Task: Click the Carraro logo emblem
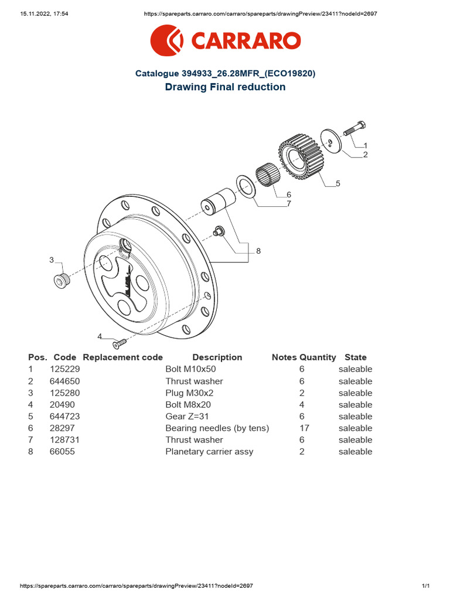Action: (166, 41)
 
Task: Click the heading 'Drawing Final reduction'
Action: (225, 87)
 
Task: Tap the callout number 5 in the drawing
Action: (337, 184)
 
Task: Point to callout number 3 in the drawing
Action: (52, 260)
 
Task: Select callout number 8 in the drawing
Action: (258, 251)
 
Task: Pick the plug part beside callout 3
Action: (60, 281)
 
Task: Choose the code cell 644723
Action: (64, 417)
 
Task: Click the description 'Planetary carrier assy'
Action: (209, 452)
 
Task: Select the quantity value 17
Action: (304, 428)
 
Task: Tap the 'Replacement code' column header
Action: (123, 357)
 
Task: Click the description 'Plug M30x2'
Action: (190, 393)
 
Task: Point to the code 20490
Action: (62, 405)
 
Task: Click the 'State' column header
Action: (355, 357)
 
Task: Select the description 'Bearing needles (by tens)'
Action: (217, 428)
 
